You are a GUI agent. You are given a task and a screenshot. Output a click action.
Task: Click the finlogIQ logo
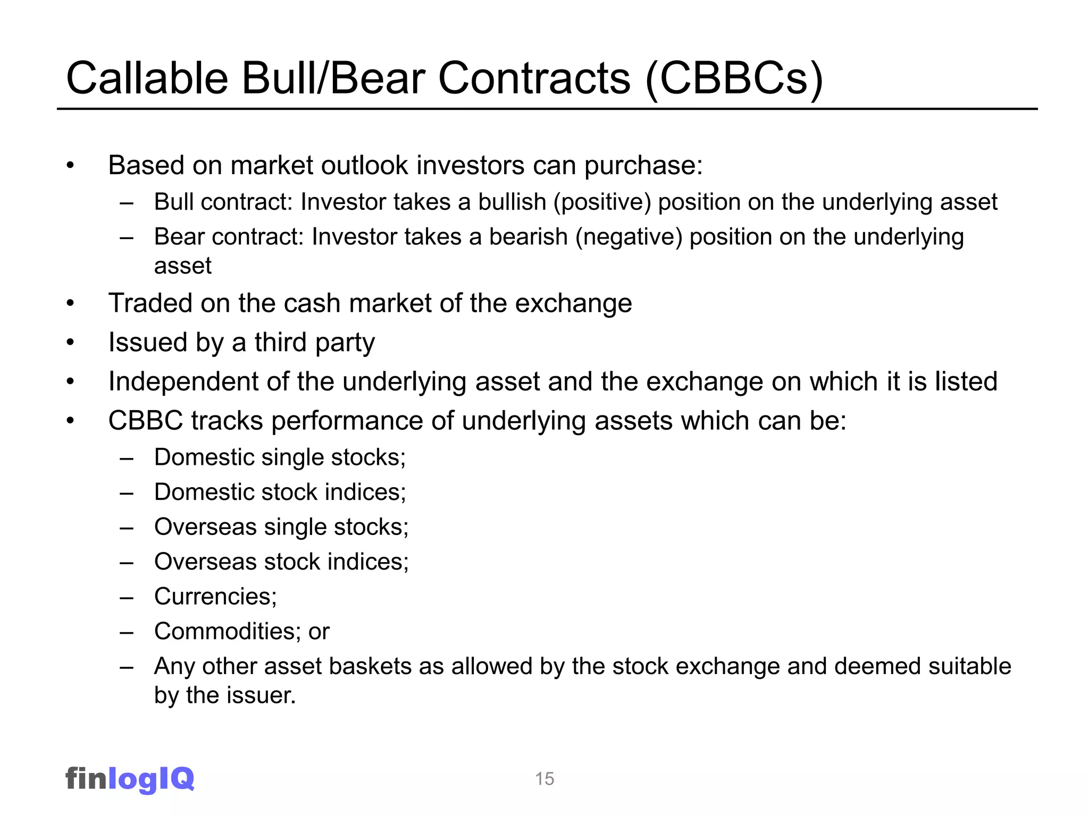coord(130,779)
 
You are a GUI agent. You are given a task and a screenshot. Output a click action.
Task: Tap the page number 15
coord(544,779)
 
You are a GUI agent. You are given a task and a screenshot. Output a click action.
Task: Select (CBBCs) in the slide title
coord(734,79)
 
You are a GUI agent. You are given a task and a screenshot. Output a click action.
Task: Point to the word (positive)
coord(602,202)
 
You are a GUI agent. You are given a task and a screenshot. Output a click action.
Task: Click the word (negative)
coord(629,237)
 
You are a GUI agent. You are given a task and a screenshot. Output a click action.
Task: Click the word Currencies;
coord(215,597)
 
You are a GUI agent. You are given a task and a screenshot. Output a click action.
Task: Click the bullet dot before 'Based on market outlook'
coord(70,166)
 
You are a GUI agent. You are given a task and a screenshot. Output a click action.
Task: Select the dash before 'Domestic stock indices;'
coord(127,493)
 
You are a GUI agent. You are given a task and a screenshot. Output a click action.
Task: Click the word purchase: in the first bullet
coord(643,166)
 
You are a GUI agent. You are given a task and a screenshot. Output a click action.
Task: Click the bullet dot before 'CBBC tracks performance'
coord(70,421)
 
